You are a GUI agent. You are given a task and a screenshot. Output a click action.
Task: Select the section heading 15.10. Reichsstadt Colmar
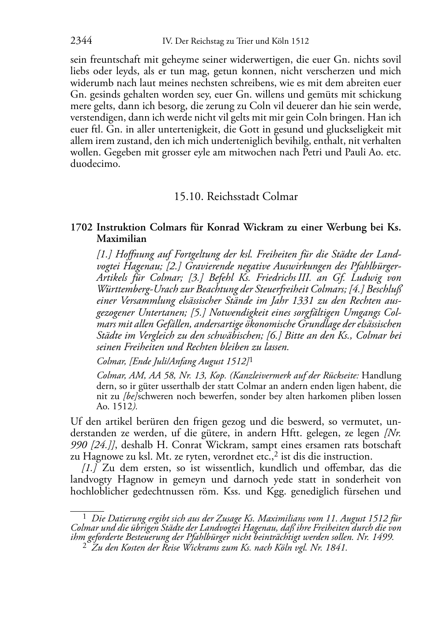[x=236, y=196]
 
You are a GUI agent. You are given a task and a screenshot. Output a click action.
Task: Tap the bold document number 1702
[x=81, y=228]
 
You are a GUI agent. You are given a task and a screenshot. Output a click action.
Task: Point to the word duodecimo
[x=95, y=165]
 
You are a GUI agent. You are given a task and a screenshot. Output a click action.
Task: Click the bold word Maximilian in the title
[x=121, y=239]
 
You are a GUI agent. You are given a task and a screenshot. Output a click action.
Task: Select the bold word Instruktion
[x=121, y=228]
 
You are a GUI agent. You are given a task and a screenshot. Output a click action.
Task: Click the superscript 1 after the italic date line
[x=251, y=359]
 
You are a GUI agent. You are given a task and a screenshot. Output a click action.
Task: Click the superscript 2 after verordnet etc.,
[x=276, y=454]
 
